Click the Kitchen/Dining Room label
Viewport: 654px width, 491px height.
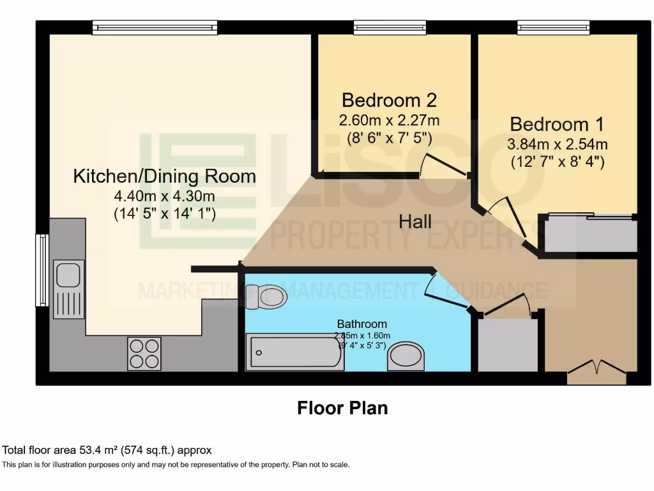[x=165, y=176]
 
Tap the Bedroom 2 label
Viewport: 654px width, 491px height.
[x=389, y=100]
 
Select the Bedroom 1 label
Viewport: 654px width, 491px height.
[x=557, y=123]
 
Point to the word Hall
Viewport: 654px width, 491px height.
[x=415, y=222]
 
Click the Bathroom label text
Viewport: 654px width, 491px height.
[x=361, y=324]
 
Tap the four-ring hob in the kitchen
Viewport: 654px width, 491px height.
[x=144, y=354]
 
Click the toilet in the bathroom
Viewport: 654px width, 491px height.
[x=267, y=296]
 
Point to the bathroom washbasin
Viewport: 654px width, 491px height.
[x=406, y=356]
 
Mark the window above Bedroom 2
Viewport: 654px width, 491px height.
[x=390, y=27]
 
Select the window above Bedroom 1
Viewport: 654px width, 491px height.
[x=553, y=27]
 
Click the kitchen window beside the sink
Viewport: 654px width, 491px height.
[x=42, y=270]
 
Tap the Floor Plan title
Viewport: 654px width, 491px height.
[x=342, y=408]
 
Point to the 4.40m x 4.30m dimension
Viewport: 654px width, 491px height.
[x=165, y=196]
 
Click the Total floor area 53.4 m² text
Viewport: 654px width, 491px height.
[x=107, y=450]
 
